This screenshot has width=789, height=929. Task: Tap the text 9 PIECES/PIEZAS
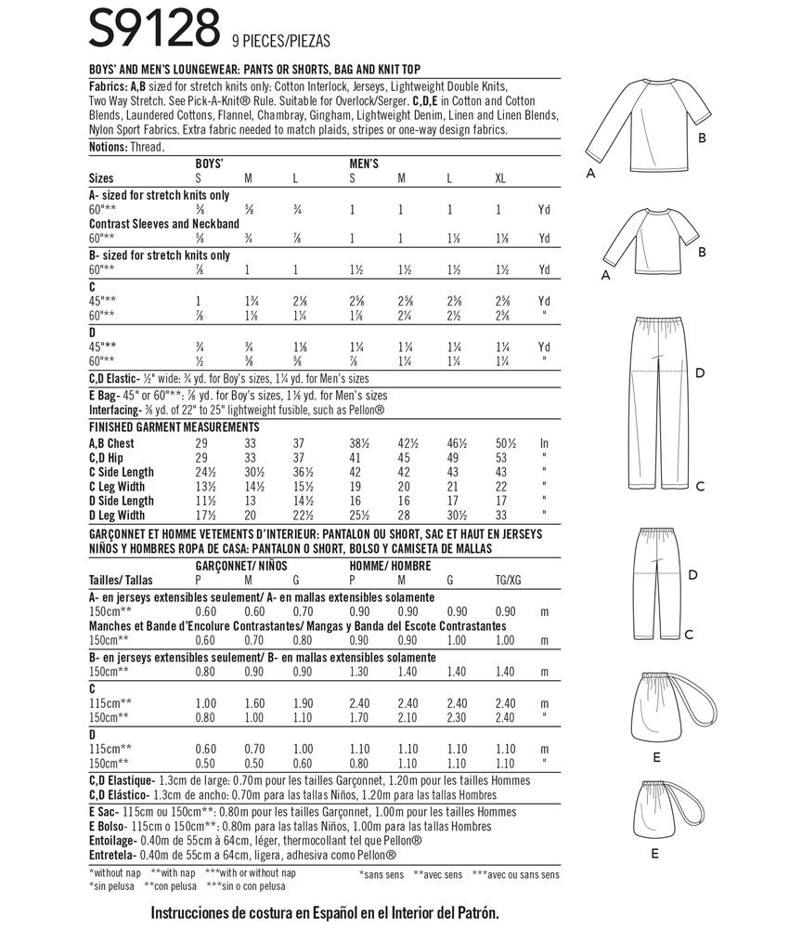point(281,41)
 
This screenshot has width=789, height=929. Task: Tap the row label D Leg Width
point(117,515)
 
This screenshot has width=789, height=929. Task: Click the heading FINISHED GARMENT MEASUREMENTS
point(174,427)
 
